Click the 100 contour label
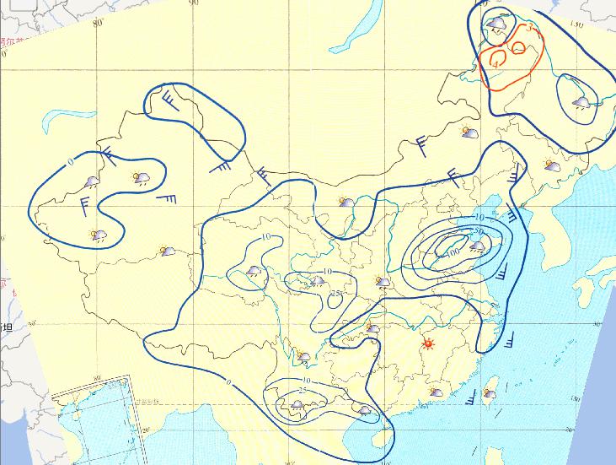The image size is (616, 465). tap(453, 251)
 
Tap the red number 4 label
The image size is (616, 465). tap(498, 63)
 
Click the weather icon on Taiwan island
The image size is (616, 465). tap(489, 393)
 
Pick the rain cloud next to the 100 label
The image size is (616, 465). tap(477, 247)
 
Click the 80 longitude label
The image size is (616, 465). tap(98, 23)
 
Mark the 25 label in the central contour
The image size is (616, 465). tap(336, 294)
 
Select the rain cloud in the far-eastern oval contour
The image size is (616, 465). tap(581, 102)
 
